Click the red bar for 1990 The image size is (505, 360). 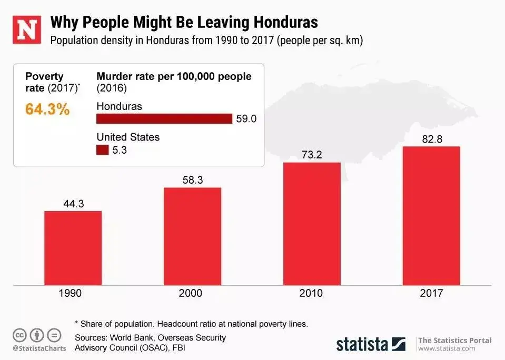point(73,247)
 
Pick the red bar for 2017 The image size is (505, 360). point(431,215)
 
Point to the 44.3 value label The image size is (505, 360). point(73,204)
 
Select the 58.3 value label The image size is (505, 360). point(192,180)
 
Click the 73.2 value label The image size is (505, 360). point(312,155)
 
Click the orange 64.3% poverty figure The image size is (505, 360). point(47,110)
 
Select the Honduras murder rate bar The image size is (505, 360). point(164,118)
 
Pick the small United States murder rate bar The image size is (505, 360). point(102,150)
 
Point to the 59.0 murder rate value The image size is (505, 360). point(246,119)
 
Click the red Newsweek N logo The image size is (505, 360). point(27,29)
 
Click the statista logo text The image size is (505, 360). point(362,344)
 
